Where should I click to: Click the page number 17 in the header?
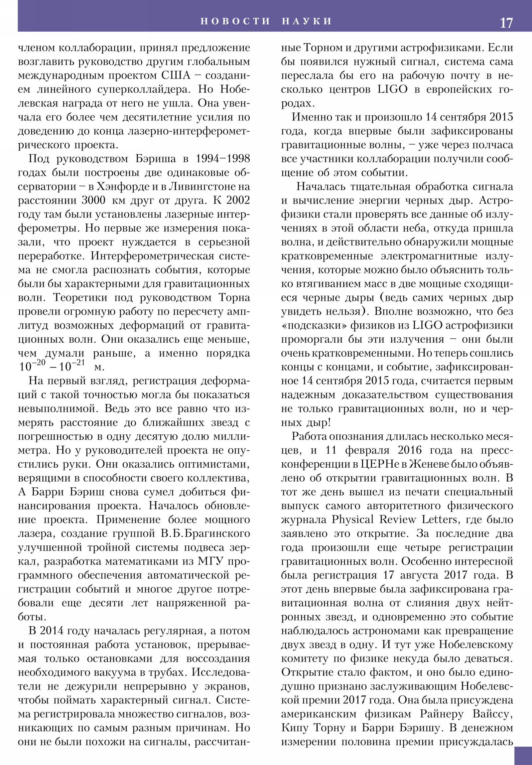506,23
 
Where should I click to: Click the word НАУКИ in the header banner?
307,21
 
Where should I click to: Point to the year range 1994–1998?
223,159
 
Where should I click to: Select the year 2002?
238,201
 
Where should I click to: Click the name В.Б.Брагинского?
205,534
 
